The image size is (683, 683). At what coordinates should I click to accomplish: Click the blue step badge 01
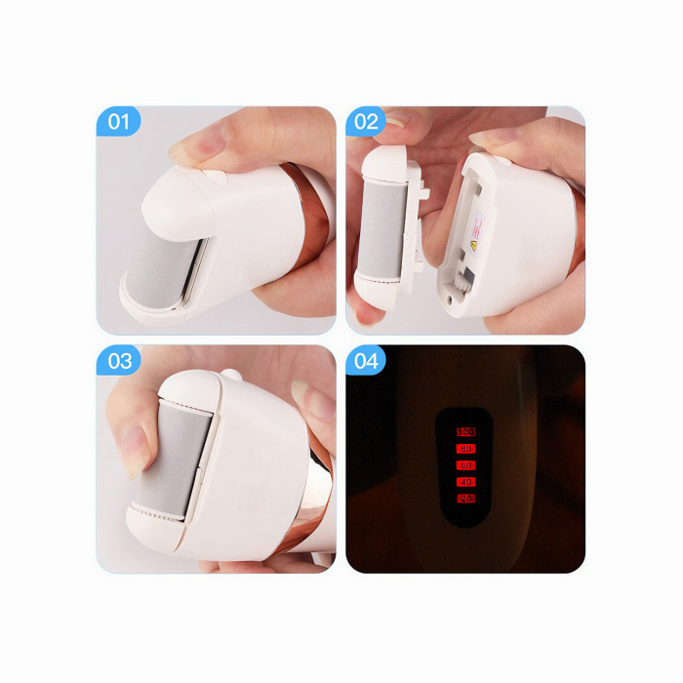[118, 122]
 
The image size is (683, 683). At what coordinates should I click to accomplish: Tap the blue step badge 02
[366, 122]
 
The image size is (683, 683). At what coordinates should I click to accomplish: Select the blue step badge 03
[119, 361]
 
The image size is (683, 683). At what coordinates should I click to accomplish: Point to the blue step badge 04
[367, 361]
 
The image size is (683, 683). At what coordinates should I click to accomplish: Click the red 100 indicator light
[465, 430]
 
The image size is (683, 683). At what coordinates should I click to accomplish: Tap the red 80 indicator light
[465, 448]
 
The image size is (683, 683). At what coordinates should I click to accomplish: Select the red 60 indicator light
[465, 464]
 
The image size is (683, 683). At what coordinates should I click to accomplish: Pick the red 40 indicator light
[465, 481]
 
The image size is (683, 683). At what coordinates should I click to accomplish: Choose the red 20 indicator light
[465, 498]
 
